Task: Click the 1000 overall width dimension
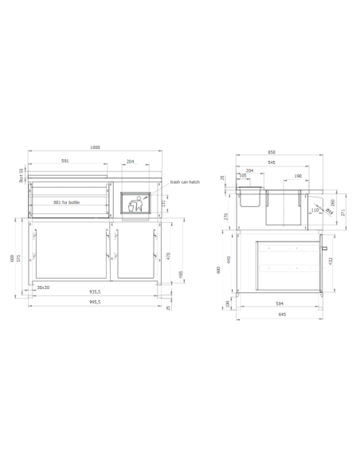(95, 148)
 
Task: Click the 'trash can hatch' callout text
(185, 182)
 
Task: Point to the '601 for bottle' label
(67, 202)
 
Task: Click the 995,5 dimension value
(94, 303)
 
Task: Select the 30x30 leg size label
(43, 287)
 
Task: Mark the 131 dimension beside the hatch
(164, 204)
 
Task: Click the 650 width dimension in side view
(271, 152)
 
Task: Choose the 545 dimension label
(272, 162)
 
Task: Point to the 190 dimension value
(297, 176)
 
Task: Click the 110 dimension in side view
(314, 210)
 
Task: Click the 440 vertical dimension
(229, 260)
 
